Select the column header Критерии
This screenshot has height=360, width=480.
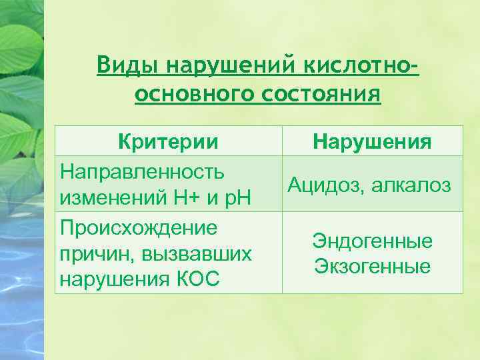click(168, 141)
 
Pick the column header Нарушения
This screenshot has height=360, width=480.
click(372, 141)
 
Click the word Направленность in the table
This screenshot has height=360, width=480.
click(142, 171)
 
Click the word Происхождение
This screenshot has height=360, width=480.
click(139, 227)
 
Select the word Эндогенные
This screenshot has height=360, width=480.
click(372, 241)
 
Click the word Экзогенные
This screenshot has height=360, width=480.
click(372, 267)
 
